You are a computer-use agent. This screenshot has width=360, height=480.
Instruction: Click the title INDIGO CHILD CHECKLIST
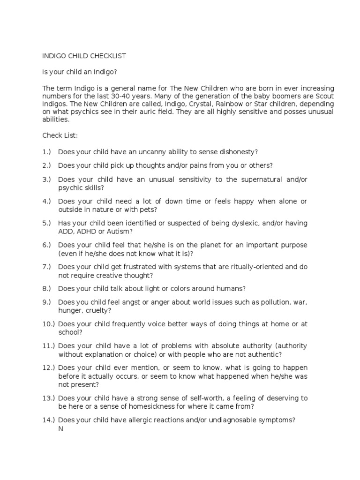84,56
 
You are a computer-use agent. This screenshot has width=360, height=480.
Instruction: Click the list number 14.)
49,420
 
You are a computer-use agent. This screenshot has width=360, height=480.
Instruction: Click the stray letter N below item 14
60,428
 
